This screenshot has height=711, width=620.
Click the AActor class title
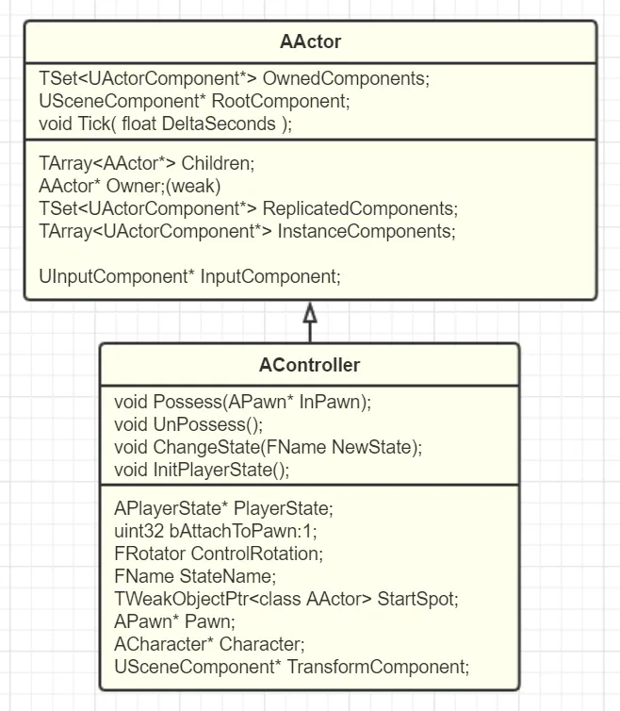pos(310,42)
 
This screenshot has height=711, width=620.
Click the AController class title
pos(309,365)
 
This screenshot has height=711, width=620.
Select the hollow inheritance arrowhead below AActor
pos(310,314)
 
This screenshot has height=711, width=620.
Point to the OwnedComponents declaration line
pos(234,79)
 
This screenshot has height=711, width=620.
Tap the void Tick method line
pos(166,124)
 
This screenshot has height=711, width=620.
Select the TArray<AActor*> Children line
pos(147,163)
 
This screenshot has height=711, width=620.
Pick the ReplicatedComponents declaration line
pos(248,208)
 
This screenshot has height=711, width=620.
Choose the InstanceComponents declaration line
pos(247,231)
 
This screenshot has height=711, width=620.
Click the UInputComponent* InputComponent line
pos(189,276)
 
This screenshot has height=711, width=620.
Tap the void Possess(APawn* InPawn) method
pos(243,402)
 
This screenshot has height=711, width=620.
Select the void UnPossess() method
pos(188,424)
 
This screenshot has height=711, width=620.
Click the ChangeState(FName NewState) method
pos(268,447)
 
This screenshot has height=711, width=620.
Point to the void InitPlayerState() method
pos(202,470)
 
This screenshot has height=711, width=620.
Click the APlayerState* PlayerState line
pos(223,509)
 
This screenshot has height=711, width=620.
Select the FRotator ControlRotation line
pos(219,554)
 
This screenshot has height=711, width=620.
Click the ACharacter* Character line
pos(209,645)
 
